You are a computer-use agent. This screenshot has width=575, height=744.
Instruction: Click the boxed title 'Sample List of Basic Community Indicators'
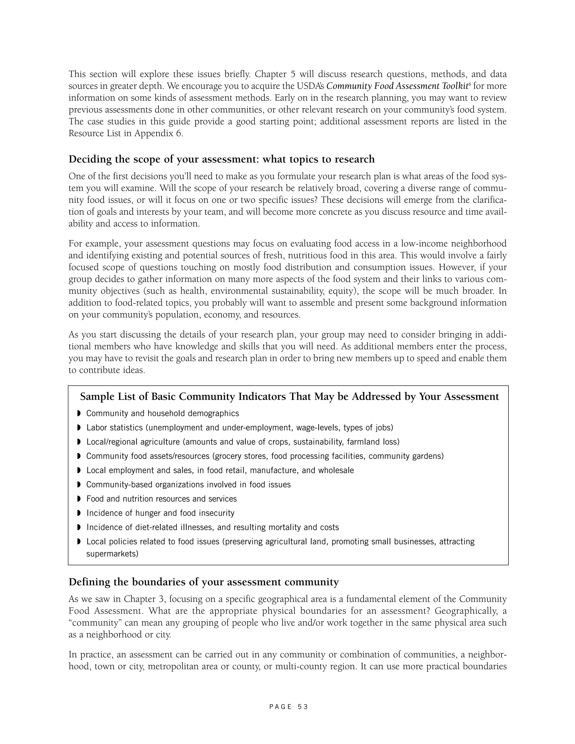289,396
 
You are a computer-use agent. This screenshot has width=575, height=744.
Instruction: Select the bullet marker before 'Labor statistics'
79,428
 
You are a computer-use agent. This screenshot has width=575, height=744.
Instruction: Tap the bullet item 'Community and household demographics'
163,413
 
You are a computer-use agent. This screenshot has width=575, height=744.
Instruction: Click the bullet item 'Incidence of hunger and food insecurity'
160,513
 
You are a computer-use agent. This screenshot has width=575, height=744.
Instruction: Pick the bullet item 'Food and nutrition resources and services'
161,499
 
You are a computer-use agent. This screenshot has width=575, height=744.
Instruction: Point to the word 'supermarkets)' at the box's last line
112,554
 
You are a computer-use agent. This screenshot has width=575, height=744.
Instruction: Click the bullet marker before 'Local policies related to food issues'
79,541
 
